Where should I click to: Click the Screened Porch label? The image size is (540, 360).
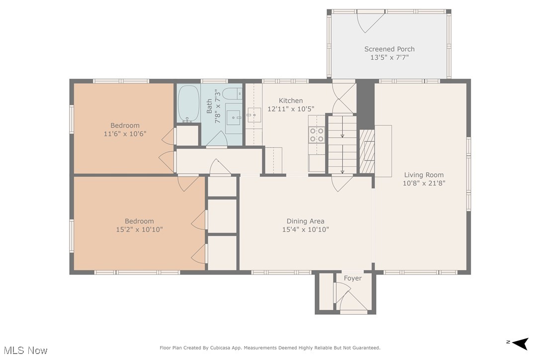click(x=389, y=49)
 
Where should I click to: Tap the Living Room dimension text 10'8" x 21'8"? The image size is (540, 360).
click(x=424, y=183)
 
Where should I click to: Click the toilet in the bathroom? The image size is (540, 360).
click(x=233, y=93)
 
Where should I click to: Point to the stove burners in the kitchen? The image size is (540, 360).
click(x=317, y=135)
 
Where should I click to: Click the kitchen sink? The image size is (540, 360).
click(x=254, y=115)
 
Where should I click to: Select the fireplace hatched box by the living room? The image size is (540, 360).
click(x=367, y=151)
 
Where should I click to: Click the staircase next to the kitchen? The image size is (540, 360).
click(x=342, y=145)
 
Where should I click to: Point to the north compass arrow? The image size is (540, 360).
click(x=521, y=343)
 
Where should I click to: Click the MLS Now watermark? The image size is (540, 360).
click(x=26, y=351)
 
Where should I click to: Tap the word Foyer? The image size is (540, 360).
click(x=353, y=278)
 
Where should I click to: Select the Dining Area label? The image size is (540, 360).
click(x=305, y=221)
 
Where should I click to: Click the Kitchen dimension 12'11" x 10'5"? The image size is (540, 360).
click(x=291, y=109)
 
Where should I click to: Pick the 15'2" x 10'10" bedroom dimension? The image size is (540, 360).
click(x=140, y=229)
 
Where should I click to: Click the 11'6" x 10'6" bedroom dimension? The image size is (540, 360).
click(x=125, y=134)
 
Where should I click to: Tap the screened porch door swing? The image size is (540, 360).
click(x=370, y=21)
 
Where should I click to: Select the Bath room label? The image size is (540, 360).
click(x=209, y=106)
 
